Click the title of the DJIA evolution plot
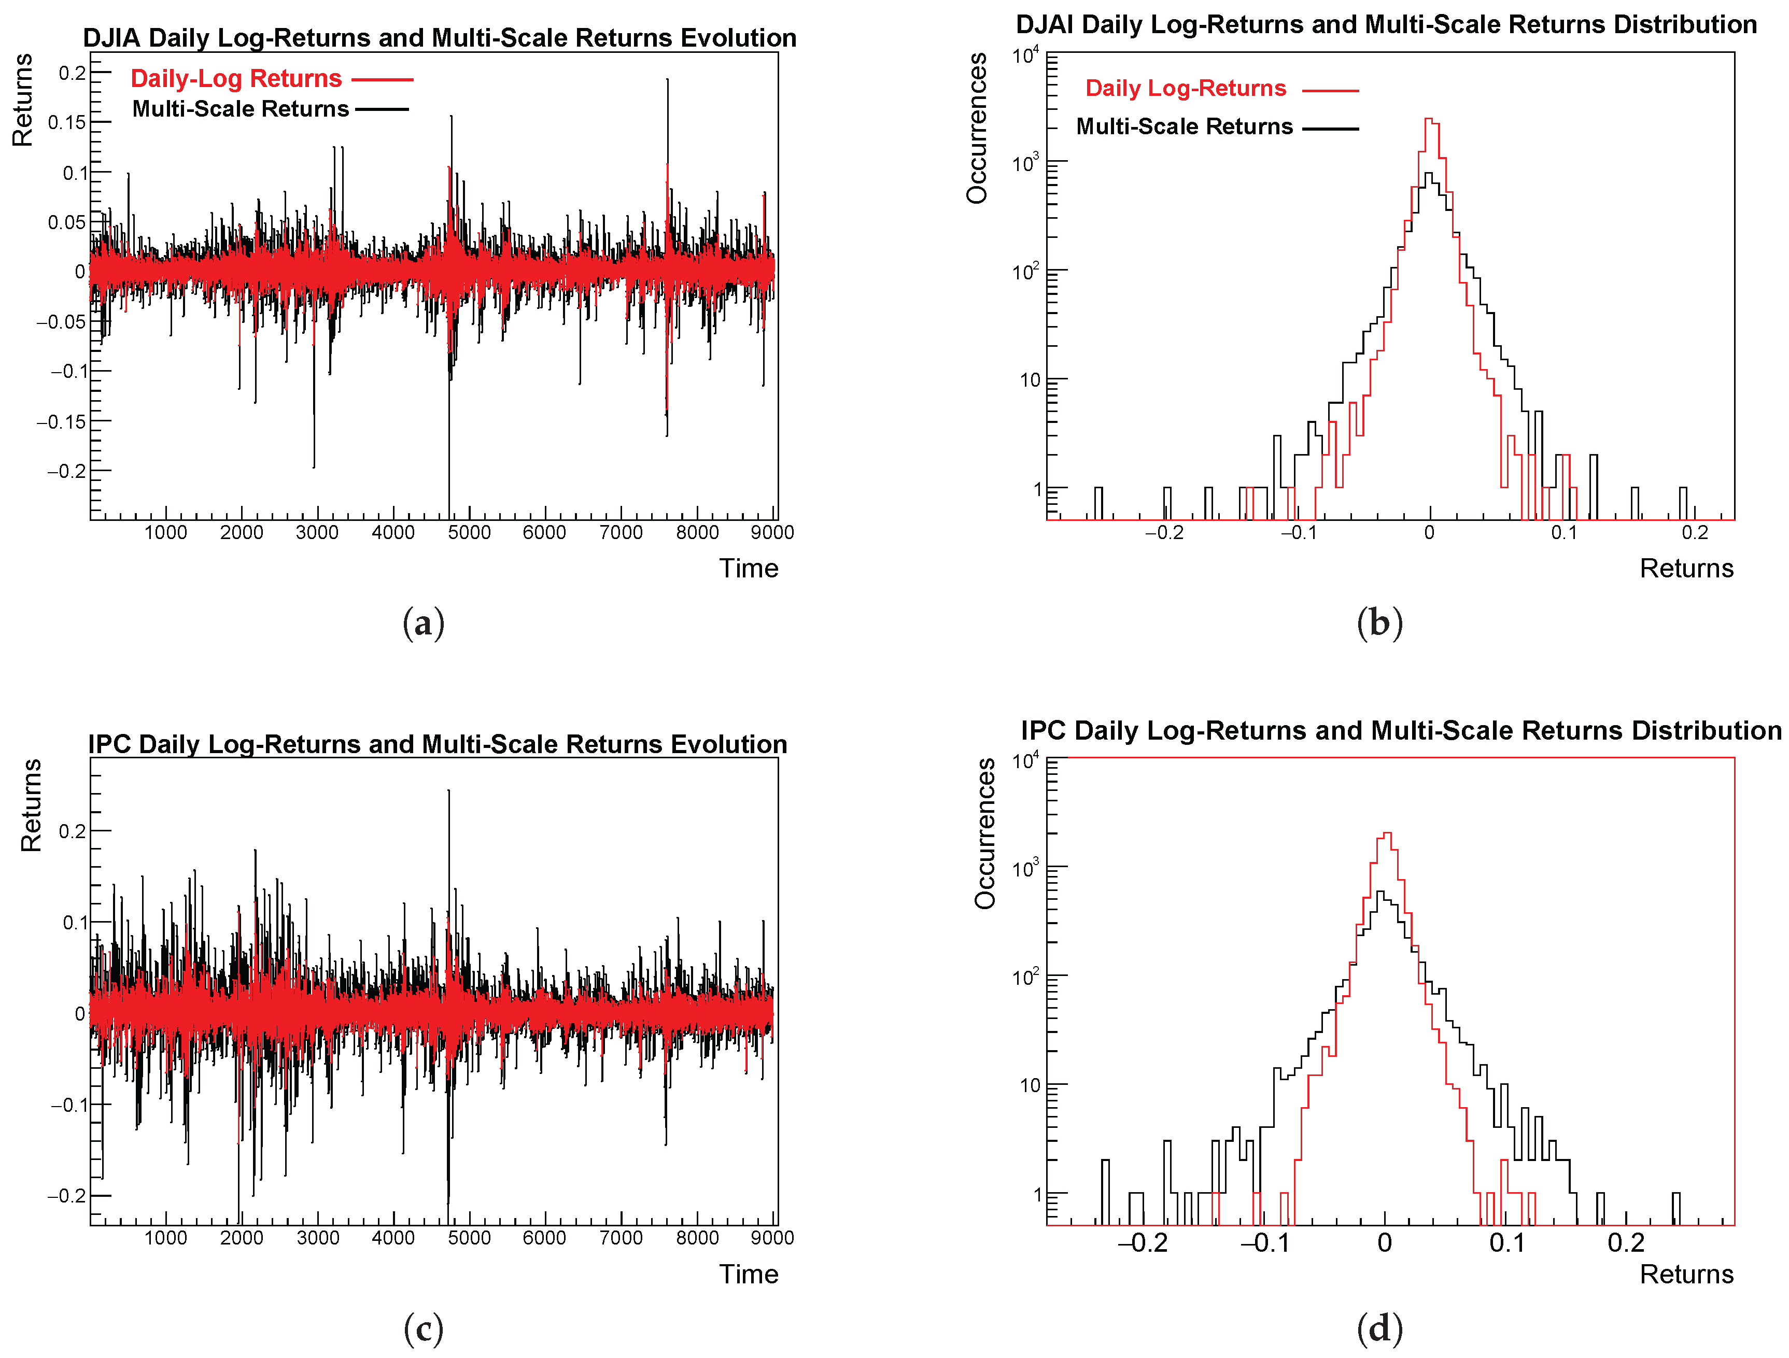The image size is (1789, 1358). pos(439,38)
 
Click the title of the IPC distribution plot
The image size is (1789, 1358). pos(1400,730)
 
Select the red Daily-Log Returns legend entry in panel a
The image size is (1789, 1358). pos(236,78)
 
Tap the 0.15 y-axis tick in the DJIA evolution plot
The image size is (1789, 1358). pos(67,123)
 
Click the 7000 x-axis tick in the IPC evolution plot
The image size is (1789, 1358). pos(621,1237)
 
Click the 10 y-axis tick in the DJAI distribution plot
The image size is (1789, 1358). pos(1031,380)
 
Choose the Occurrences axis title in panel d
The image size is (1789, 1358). pos(984,833)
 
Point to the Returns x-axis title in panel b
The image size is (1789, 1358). pos(1686,569)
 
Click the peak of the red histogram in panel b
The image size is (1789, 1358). pos(1429,120)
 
